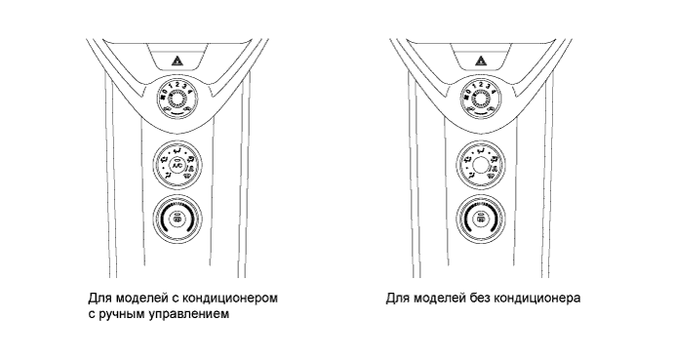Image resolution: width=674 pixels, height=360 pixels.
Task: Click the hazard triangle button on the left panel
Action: [x=177, y=60]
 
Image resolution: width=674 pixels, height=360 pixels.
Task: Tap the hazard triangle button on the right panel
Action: [x=481, y=60]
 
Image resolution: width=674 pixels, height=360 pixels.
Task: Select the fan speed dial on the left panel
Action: [x=177, y=100]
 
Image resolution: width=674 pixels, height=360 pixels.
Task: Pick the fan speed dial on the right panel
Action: [x=481, y=100]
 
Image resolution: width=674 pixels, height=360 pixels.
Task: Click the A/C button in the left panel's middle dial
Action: [x=177, y=168]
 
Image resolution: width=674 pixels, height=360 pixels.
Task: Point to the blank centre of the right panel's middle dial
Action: [x=481, y=168]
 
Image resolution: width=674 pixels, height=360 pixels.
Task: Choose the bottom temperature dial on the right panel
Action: [x=481, y=220]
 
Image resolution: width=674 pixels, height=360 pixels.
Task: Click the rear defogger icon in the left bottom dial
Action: [x=177, y=220]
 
